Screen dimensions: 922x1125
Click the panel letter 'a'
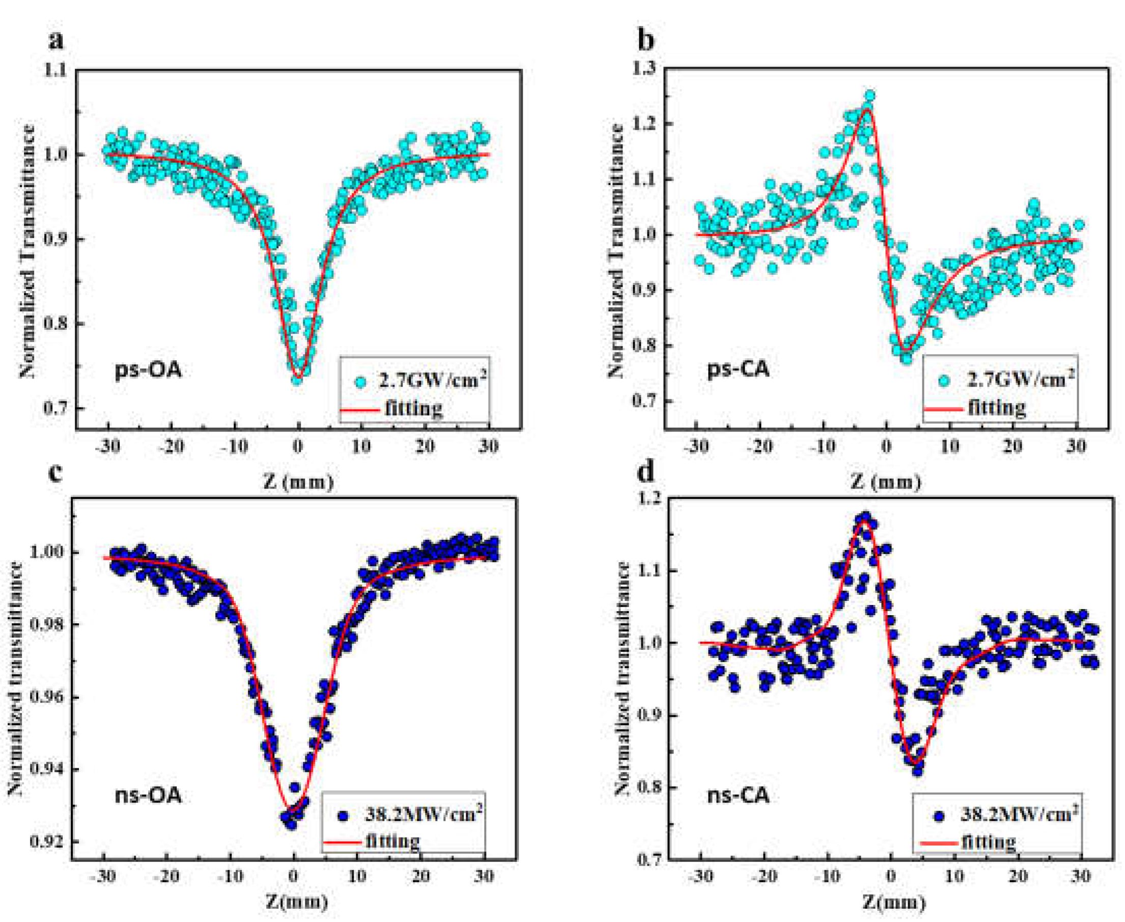(x=55, y=40)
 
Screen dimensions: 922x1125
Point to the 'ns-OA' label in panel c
(x=148, y=795)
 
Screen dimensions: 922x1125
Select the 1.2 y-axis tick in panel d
(x=645, y=499)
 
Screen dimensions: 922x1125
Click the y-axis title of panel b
(x=616, y=250)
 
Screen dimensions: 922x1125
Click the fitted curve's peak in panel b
(x=867, y=109)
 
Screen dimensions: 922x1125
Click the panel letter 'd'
(x=646, y=472)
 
